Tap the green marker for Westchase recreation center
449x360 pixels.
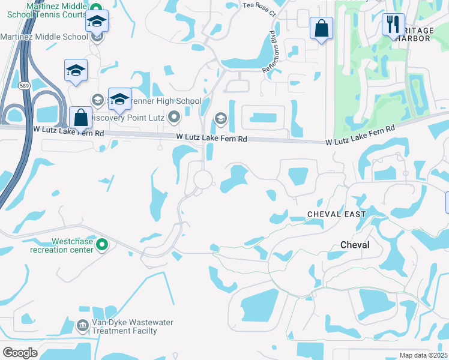(x=101, y=244)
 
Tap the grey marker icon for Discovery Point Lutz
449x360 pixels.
(x=175, y=116)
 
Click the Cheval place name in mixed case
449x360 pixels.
(x=355, y=245)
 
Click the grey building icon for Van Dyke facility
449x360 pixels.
(x=83, y=326)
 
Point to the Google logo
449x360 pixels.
(x=20, y=352)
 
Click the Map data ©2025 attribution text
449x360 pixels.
(x=423, y=355)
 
